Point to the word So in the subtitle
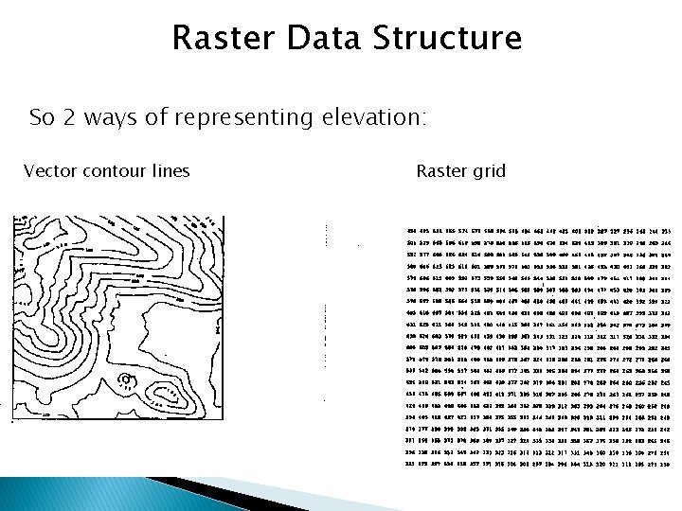click(x=42, y=117)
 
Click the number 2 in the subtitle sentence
click(x=70, y=117)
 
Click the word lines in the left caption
click(x=170, y=171)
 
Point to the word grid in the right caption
click(x=488, y=172)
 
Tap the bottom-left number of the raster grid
click(x=385, y=466)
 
